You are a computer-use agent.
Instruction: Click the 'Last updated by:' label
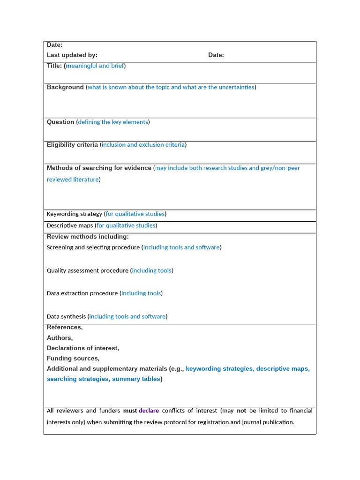click(72, 55)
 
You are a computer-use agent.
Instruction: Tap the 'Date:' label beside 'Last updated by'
click(216, 55)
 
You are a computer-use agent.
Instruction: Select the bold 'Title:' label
click(54, 66)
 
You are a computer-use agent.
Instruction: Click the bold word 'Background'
click(65, 87)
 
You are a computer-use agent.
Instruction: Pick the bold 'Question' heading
click(60, 122)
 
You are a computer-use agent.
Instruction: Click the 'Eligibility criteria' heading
click(72, 145)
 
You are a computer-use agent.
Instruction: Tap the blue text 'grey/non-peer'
click(280, 168)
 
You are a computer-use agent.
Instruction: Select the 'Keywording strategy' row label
click(75, 214)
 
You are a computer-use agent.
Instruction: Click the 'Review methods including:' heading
click(88, 237)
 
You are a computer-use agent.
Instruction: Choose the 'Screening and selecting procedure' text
click(93, 247)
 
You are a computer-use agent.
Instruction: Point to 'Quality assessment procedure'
click(88, 270)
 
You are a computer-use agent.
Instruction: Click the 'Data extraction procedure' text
click(82, 293)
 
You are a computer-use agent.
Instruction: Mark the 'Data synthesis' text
click(67, 316)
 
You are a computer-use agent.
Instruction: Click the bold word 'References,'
click(65, 327)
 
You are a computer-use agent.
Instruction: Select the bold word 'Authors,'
click(60, 337)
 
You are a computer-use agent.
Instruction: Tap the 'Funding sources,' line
click(73, 358)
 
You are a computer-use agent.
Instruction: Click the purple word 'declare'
click(149, 411)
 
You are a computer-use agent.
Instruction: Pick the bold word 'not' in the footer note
click(241, 411)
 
